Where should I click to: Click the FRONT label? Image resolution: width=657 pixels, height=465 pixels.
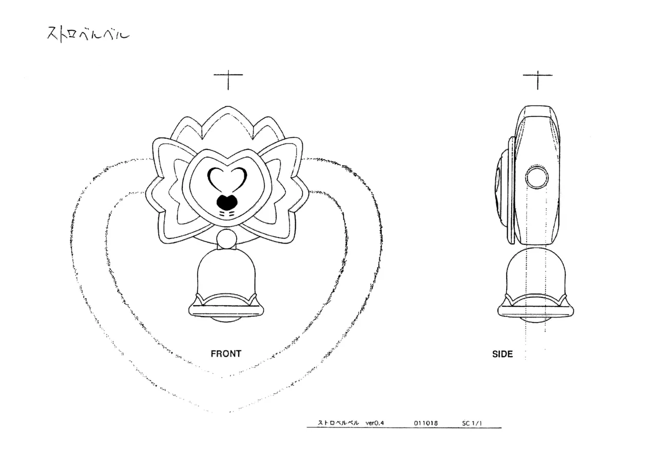tap(226, 354)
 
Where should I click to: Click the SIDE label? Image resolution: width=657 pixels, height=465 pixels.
tap(503, 354)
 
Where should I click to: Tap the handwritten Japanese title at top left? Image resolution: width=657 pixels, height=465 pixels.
tap(88, 34)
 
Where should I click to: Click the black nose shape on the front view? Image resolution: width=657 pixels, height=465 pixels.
tap(227, 202)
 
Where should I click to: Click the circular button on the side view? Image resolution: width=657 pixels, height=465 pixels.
tap(536, 178)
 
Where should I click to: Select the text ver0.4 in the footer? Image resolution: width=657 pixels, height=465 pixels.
tap(375, 423)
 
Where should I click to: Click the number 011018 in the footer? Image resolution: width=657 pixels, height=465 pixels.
tap(426, 423)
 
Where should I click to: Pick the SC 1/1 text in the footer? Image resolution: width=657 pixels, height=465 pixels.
tap(472, 423)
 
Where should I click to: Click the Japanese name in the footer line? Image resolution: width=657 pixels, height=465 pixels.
tap(338, 423)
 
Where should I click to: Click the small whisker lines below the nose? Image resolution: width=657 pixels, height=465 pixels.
tap(227, 213)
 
